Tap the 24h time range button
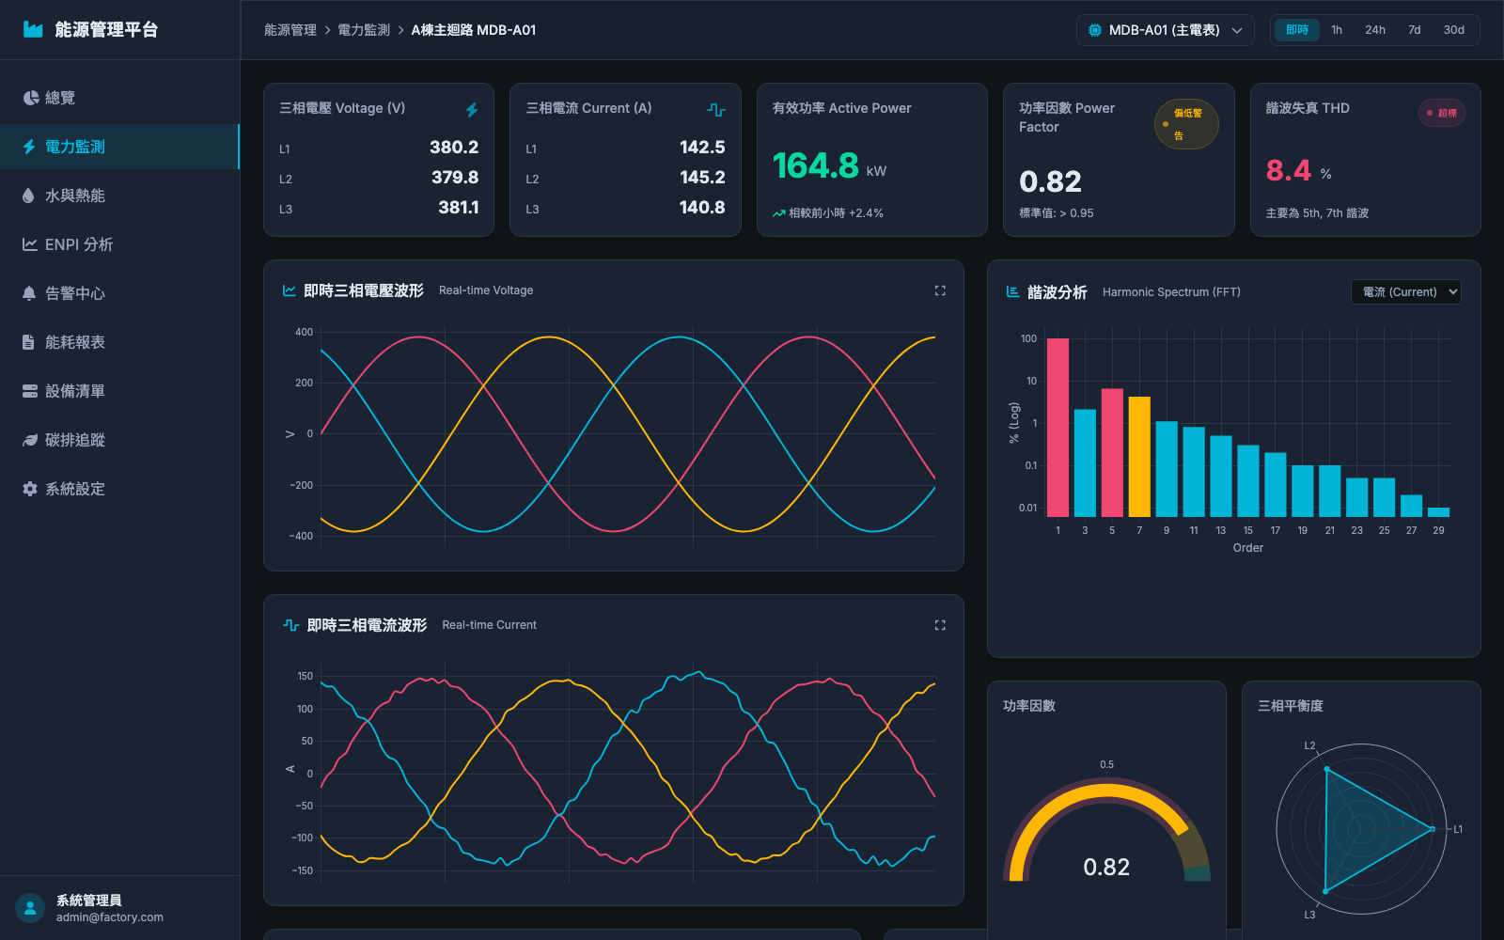click(x=1374, y=30)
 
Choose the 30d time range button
click(x=1453, y=30)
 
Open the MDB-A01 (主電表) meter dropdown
click(x=1165, y=30)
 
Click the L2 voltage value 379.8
click(x=455, y=178)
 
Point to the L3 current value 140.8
click(x=701, y=208)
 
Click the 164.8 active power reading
click(x=815, y=165)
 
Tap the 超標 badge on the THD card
click(x=1442, y=113)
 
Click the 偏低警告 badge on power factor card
click(x=1185, y=124)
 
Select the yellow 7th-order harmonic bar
click(x=1139, y=457)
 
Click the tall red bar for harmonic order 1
click(x=1057, y=428)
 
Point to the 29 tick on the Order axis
click(x=1438, y=530)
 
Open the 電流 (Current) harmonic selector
click(x=1406, y=292)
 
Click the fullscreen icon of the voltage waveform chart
click(x=940, y=290)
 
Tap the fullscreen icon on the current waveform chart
click(x=940, y=625)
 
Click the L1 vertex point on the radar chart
click(x=1433, y=829)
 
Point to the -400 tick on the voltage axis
click(x=302, y=536)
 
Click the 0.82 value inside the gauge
click(x=1105, y=867)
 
